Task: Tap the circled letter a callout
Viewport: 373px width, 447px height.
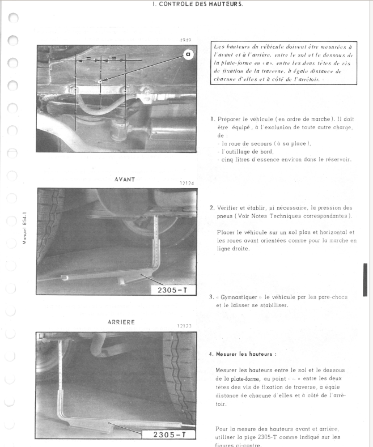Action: coord(188,54)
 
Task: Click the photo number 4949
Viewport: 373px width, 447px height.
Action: coord(185,40)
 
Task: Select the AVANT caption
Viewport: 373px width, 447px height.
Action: coord(124,179)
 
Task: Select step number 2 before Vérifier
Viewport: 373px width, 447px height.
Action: coord(211,208)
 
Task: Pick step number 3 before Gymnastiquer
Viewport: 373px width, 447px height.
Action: coord(211,297)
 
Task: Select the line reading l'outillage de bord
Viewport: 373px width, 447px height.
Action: coord(247,151)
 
